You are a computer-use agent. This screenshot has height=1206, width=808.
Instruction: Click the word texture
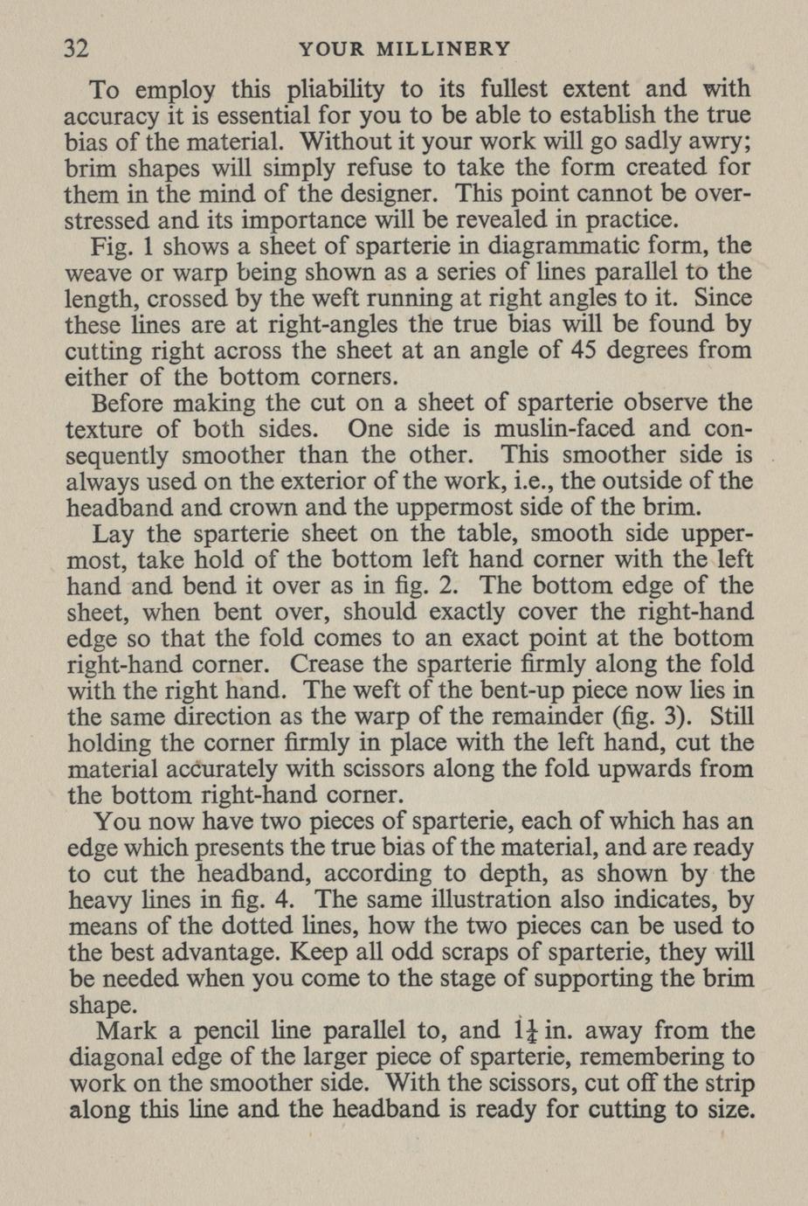107,429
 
